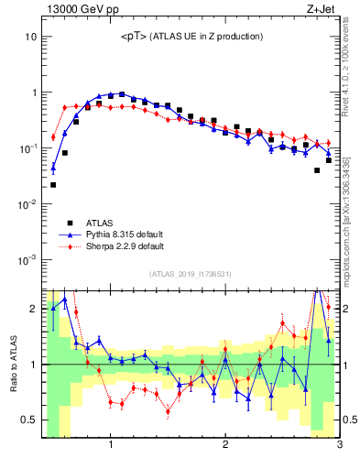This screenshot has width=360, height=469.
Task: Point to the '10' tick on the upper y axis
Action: (x=30, y=38)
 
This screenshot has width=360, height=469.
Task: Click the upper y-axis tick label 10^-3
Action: (x=27, y=259)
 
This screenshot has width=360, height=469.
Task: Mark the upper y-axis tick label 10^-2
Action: (x=27, y=204)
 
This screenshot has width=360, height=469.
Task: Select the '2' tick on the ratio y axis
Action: (x=32, y=308)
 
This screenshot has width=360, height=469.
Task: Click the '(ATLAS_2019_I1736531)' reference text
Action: (x=191, y=274)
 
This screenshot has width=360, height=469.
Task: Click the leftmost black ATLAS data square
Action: (x=53, y=185)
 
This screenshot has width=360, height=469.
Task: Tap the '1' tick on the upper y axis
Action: (x=33, y=93)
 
